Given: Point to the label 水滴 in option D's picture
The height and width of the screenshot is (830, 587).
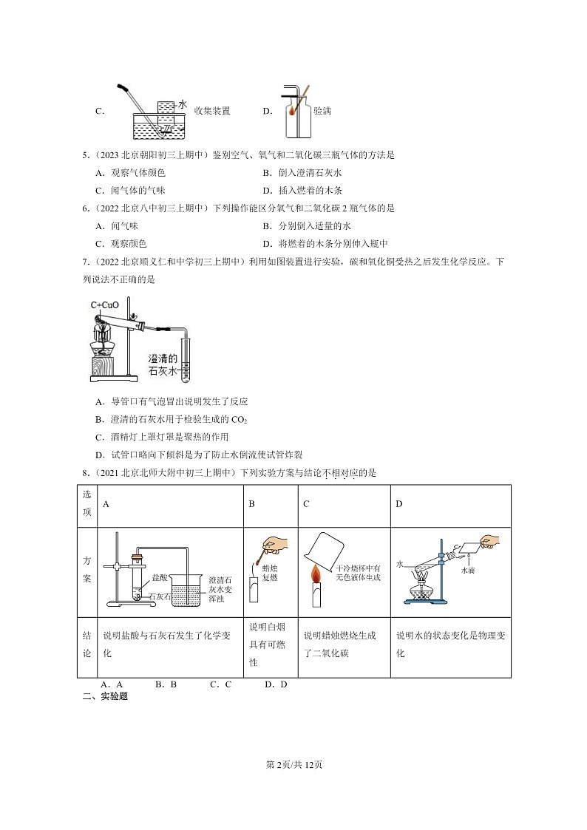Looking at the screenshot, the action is click(x=467, y=571).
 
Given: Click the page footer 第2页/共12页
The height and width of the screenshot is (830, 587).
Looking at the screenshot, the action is click(x=293, y=764).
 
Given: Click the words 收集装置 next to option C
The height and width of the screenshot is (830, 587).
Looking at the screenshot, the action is click(x=212, y=111).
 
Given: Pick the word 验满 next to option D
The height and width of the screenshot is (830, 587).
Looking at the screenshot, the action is click(x=322, y=111).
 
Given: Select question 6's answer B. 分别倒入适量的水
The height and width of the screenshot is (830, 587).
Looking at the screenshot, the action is click(x=307, y=227).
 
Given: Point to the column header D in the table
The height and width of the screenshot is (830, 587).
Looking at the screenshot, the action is click(x=399, y=504).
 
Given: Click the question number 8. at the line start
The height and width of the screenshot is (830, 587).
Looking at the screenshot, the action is click(x=86, y=473).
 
